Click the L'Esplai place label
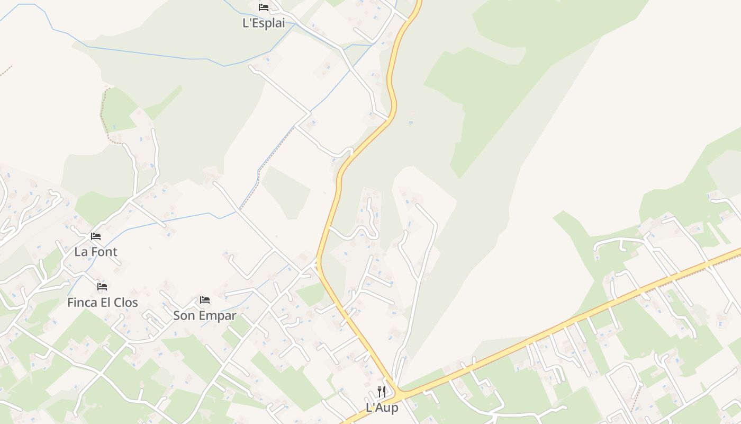(x=264, y=23)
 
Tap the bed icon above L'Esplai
(x=264, y=7)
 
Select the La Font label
(x=96, y=252)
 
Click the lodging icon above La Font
(x=96, y=236)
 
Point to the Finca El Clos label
(x=102, y=303)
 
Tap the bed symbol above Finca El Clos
(x=102, y=287)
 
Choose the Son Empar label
(x=205, y=316)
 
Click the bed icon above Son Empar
(x=205, y=300)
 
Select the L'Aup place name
(x=382, y=408)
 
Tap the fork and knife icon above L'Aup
(x=382, y=392)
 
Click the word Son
(x=184, y=316)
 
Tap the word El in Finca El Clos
(x=106, y=303)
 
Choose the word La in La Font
(x=81, y=252)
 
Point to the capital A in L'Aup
(x=377, y=408)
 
